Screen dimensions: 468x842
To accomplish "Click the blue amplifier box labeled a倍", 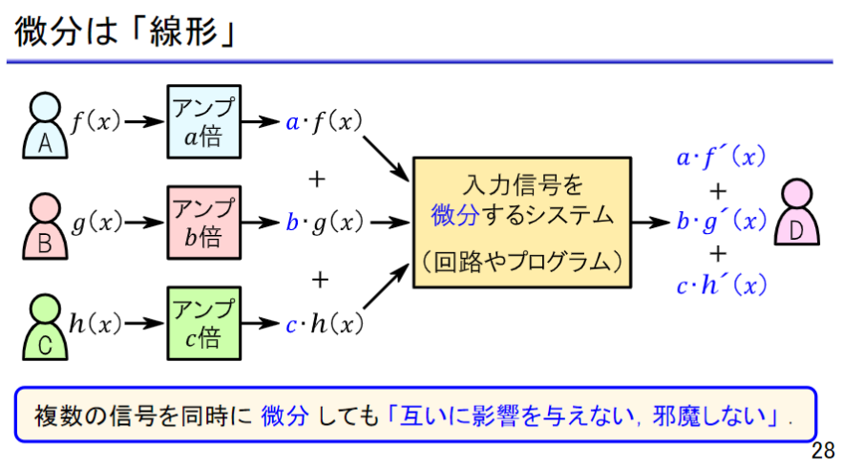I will tap(203, 121).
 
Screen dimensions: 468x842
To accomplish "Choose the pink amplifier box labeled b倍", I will tap(203, 223).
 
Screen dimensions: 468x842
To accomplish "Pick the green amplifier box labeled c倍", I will tap(203, 323).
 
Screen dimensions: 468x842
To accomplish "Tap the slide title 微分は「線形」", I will tap(125, 32).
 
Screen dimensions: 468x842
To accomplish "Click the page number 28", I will tap(824, 450).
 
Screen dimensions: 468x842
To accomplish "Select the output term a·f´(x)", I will tap(721, 158).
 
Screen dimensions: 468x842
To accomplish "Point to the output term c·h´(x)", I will tap(721, 284).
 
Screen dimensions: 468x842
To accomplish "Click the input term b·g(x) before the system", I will tap(325, 223).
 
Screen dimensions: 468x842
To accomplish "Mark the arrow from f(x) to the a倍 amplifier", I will tap(145, 122).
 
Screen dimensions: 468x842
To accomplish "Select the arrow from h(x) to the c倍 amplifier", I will tap(145, 324).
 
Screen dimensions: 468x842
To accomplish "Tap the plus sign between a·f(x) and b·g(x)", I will tap(319, 179).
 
